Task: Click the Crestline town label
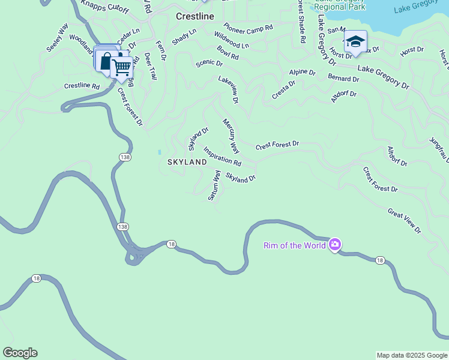tap(195, 17)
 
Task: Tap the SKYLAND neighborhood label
tap(187, 162)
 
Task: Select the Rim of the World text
tap(295, 245)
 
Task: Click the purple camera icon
tap(335, 244)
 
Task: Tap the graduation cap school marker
tap(355, 42)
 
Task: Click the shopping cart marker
tap(122, 67)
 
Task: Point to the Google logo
tap(20, 353)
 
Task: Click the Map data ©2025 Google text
tap(411, 355)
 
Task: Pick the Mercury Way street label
tap(231, 135)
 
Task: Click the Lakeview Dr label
tap(228, 89)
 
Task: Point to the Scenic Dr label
tap(209, 63)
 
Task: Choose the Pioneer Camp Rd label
tap(248, 28)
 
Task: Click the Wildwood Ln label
tap(231, 41)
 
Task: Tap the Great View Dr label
tap(405, 221)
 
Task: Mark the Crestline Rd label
tap(82, 86)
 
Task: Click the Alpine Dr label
tap(302, 72)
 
